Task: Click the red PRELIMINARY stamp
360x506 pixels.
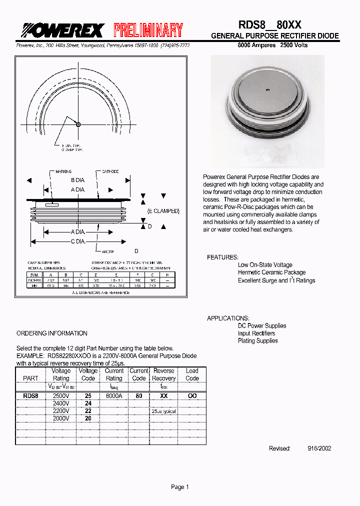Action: (x=148, y=30)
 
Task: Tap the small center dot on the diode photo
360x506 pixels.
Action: (x=268, y=90)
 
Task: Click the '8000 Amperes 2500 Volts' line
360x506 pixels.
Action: (x=272, y=45)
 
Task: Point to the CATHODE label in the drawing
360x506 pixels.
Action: (x=110, y=171)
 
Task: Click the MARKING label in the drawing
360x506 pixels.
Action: (x=63, y=171)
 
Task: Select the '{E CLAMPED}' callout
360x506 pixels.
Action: (x=163, y=211)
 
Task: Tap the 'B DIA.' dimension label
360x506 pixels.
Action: (x=78, y=180)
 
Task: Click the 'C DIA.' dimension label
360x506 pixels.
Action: (x=78, y=241)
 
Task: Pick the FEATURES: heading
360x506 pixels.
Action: (x=222, y=257)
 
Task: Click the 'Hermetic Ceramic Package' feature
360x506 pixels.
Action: (x=271, y=272)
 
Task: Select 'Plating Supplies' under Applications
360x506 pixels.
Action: (x=257, y=341)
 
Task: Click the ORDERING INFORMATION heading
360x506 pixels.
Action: (x=52, y=333)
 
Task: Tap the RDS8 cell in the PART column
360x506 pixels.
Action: (x=30, y=395)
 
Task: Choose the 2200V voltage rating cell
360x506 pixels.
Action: (x=61, y=410)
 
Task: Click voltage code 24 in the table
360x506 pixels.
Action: (x=88, y=403)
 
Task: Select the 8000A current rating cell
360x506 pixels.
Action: (x=113, y=395)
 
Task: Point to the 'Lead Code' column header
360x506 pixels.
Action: (x=192, y=374)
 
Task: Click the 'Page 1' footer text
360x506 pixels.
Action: (x=180, y=487)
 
